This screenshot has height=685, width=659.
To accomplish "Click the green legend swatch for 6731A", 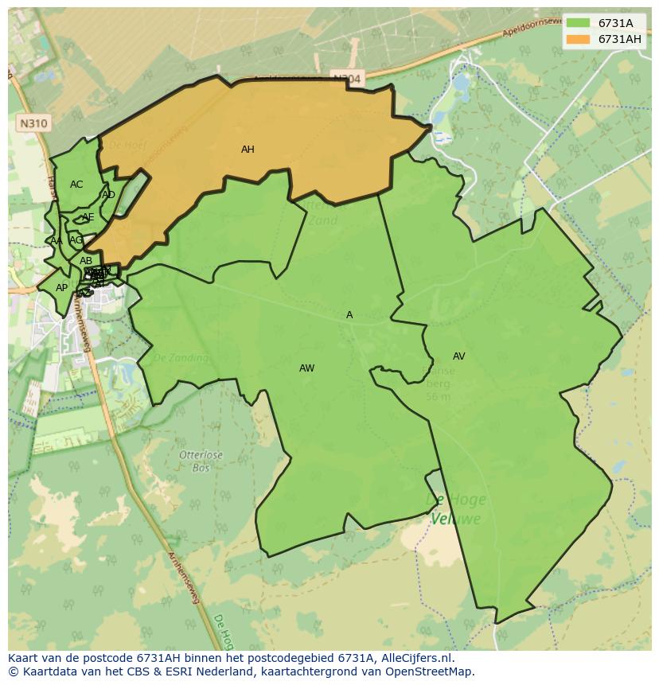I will point(578,23).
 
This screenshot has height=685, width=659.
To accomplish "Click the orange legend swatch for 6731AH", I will point(578,39).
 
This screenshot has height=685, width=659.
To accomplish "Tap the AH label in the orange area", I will point(248,150).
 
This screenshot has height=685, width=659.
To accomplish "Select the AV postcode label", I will point(458,356).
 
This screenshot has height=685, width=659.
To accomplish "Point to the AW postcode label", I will point(306,368).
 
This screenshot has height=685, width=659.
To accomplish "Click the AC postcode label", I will point(76,185).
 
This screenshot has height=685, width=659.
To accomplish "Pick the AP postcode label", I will point(61,288).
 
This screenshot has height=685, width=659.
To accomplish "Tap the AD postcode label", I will point(108,195).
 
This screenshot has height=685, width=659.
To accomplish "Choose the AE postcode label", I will point(88,217).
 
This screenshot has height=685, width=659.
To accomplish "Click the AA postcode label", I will point(56,241).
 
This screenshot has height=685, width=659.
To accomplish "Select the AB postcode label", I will point(86,261).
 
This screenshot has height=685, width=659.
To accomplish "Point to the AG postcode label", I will point(76,239).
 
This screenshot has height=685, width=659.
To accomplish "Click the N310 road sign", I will point(33,123).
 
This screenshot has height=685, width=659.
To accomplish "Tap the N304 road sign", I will point(346,79).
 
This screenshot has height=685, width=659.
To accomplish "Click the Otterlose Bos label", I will point(201,461).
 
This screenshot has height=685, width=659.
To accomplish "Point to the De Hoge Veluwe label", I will point(456,509).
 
